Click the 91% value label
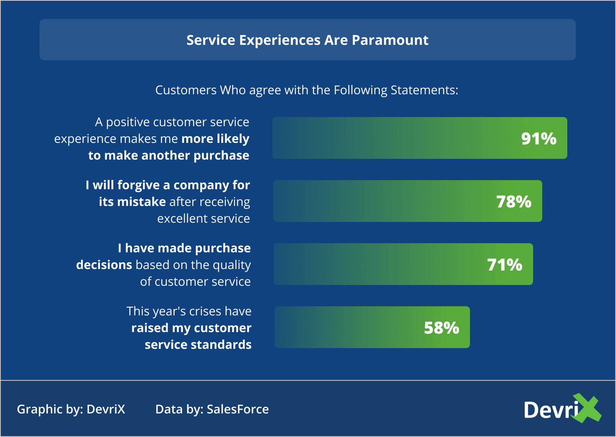click(x=539, y=138)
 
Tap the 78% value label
click(x=514, y=201)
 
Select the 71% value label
click(x=505, y=265)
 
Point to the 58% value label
click(x=441, y=328)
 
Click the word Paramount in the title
click(x=390, y=40)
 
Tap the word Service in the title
click(x=211, y=40)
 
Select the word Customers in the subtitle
click(x=186, y=90)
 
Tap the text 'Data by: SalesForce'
click(x=212, y=409)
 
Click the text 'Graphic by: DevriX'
click(x=71, y=409)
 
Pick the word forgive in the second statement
click(x=138, y=185)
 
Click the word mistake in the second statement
click(x=141, y=202)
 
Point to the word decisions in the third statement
click(x=104, y=265)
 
